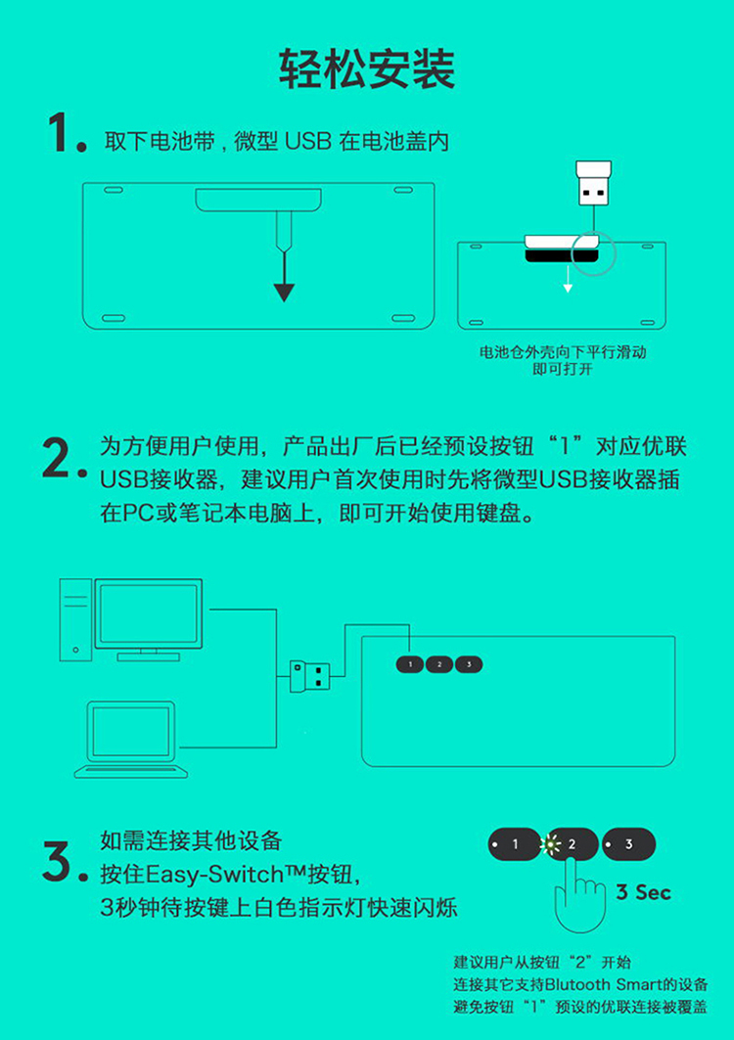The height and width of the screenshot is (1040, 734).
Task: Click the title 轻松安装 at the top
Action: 366,68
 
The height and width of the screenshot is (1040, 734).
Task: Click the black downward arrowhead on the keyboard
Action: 284,292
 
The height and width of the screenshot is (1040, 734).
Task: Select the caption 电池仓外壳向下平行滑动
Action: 563,351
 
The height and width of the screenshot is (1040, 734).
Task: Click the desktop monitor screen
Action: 148,613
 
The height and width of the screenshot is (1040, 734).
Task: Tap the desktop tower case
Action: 75,619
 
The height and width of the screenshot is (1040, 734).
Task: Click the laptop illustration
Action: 131,739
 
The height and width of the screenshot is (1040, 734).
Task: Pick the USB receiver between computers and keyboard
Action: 310,676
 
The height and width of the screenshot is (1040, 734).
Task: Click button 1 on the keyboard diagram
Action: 410,664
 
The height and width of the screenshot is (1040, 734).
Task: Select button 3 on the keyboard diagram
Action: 469,664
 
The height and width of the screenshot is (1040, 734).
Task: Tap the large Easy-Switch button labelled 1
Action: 515,844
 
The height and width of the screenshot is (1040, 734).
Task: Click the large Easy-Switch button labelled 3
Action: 628,844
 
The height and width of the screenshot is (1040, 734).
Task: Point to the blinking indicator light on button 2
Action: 550,845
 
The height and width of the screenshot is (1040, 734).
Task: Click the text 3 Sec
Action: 643,892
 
